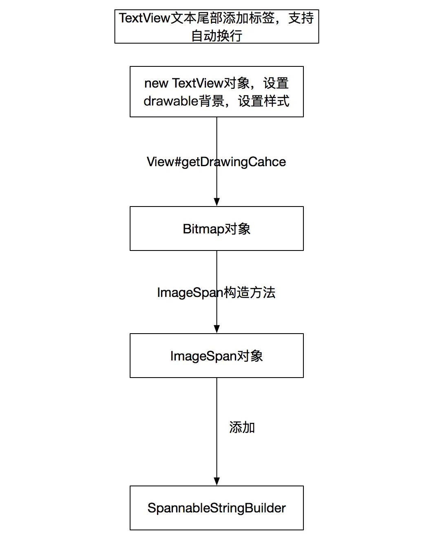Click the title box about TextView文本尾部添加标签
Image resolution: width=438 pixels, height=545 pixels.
(217, 27)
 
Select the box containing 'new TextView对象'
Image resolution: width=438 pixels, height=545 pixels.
(217, 92)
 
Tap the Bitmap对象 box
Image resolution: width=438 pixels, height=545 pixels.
(217, 229)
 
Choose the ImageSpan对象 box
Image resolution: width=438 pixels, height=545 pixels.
(217, 356)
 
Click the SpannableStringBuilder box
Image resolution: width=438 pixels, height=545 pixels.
(217, 508)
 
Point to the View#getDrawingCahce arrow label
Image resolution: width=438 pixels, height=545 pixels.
(216, 162)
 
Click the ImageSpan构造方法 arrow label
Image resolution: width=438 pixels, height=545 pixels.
(216, 292)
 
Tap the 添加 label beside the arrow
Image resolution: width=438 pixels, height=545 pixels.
(242, 427)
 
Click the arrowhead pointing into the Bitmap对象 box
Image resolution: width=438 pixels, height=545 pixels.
(217, 202)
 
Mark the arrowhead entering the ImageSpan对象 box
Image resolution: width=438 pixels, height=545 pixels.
(217, 329)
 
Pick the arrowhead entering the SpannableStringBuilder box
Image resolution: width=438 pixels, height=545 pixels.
(217, 481)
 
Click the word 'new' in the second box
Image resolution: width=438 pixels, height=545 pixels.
(156, 84)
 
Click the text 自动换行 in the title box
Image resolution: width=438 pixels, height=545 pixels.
(217, 36)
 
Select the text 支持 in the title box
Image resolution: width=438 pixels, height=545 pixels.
(301, 18)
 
